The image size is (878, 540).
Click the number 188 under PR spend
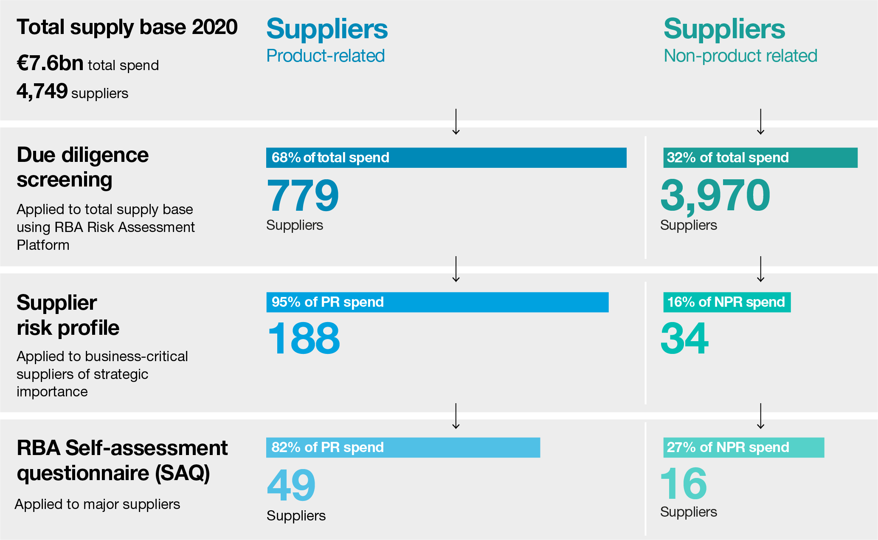[x=304, y=338]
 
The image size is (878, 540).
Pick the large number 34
[x=684, y=338]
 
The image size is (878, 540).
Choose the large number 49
[x=291, y=485]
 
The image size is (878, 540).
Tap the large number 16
[x=684, y=484]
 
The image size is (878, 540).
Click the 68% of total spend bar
[x=446, y=158]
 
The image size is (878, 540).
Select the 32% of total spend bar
[x=760, y=158]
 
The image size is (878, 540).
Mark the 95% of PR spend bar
[x=437, y=302]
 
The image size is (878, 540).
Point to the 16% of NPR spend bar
[x=727, y=302]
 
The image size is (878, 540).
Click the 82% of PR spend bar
[x=403, y=447]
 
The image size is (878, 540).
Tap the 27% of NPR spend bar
[x=743, y=447]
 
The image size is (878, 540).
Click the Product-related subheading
[x=325, y=56]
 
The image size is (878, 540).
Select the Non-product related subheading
[x=740, y=56]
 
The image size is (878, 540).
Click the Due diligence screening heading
[x=83, y=167]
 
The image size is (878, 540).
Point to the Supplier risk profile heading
[x=68, y=315]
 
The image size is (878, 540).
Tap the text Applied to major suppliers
[x=97, y=504]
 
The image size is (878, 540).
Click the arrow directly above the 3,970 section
[x=760, y=122]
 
